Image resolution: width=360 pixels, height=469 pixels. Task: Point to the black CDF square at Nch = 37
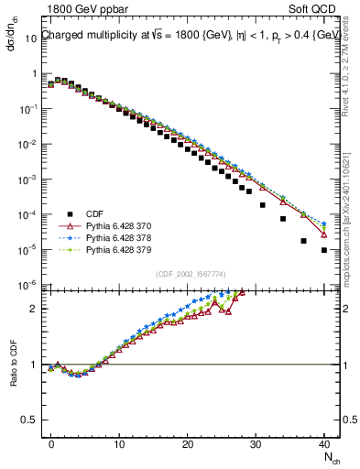(x=303, y=241)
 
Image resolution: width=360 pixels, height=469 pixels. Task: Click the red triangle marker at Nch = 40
(x=324, y=234)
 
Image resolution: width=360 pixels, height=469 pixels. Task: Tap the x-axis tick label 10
(x=119, y=442)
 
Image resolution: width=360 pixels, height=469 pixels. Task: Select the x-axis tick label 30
(x=256, y=442)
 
